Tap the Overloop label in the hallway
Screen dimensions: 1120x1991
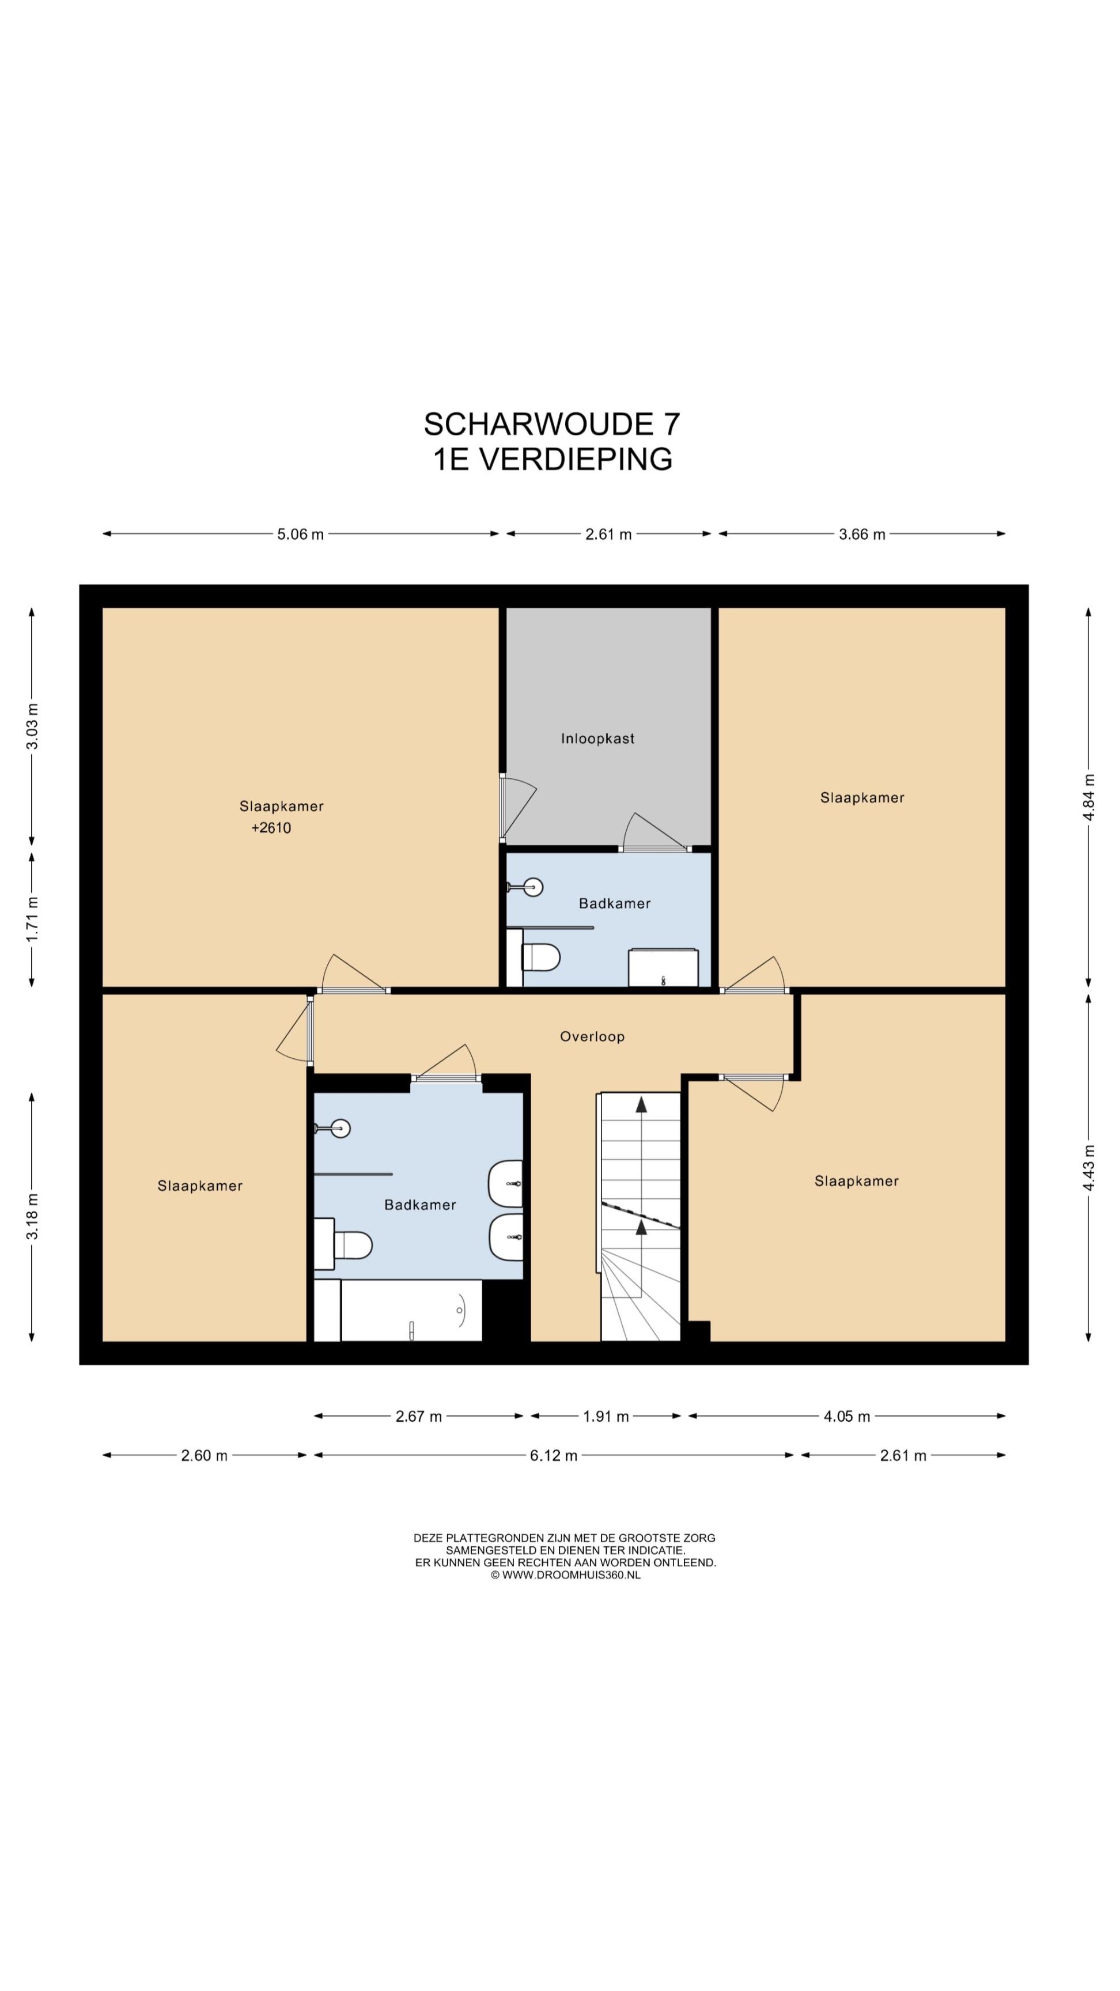pyautogui.click(x=592, y=1036)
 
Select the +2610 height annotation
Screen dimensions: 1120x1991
pyautogui.click(x=271, y=828)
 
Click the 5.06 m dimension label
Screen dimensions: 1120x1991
pyautogui.click(x=301, y=534)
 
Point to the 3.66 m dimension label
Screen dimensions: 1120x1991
pyautogui.click(x=862, y=534)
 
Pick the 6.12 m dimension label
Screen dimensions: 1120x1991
pyautogui.click(x=554, y=1455)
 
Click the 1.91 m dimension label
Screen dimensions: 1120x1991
pyautogui.click(x=606, y=1417)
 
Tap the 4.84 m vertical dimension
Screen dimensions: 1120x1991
pyautogui.click(x=1089, y=798)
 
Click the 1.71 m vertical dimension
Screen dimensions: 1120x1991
pyautogui.click(x=32, y=919)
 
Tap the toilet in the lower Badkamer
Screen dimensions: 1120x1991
pyautogui.click(x=345, y=1244)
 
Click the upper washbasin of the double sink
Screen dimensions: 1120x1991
pyautogui.click(x=506, y=1183)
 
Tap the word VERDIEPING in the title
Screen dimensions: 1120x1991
pyautogui.click(x=576, y=459)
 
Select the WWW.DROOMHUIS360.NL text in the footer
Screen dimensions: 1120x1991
pyautogui.click(x=571, y=1575)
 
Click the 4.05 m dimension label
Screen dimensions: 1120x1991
pyautogui.click(x=846, y=1417)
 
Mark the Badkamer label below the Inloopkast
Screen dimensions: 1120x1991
pyautogui.click(x=615, y=903)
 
